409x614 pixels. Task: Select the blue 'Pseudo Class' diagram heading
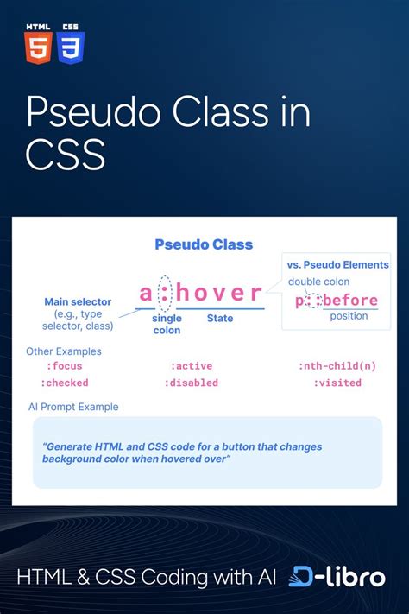coord(204,244)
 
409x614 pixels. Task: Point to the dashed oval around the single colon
coord(167,294)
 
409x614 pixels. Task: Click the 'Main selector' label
coord(78,302)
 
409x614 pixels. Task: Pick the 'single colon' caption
coord(167,325)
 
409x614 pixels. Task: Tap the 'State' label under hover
coord(220,319)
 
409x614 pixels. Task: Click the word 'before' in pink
coord(351,301)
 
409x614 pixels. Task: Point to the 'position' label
coord(349,316)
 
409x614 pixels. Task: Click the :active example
coord(191,366)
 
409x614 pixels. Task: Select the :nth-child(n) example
coord(337,366)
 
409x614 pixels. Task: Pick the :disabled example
coord(194,383)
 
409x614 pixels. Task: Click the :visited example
coord(337,383)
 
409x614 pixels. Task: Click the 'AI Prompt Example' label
coord(73,407)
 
